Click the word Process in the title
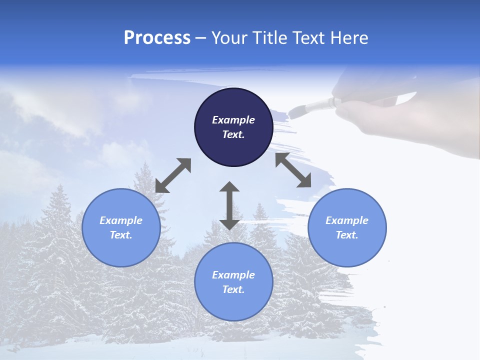coord(157,38)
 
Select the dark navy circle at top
coord(233,127)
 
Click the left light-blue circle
coord(121,227)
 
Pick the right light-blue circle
coord(347,227)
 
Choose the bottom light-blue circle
coord(233,281)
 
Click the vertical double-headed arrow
coord(229,205)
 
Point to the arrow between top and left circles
coord(173,175)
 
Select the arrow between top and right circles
coord(293,170)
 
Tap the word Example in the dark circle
coord(233,120)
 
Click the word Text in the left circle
coord(121,235)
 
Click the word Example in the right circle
coord(347,220)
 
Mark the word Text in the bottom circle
coord(233,289)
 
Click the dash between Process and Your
coord(200,38)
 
